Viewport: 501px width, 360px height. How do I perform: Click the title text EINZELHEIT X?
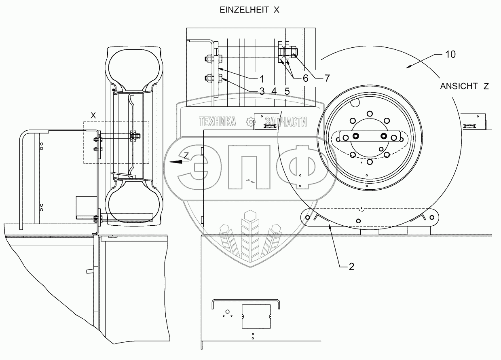[249, 11]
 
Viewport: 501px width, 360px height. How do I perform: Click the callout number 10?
[450, 54]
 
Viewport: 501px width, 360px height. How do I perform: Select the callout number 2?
[351, 267]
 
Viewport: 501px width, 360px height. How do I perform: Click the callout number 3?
[262, 92]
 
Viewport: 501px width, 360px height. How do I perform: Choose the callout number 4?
[274, 92]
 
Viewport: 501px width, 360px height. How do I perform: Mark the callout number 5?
[287, 92]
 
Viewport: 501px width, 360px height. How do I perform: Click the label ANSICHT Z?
[465, 86]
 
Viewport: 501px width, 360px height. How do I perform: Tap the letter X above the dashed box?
[93, 116]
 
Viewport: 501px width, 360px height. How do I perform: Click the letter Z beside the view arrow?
[186, 155]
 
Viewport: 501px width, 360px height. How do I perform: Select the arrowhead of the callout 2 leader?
[331, 227]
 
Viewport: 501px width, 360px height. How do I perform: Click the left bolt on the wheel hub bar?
[356, 136]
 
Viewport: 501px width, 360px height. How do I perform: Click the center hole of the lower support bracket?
[359, 220]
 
